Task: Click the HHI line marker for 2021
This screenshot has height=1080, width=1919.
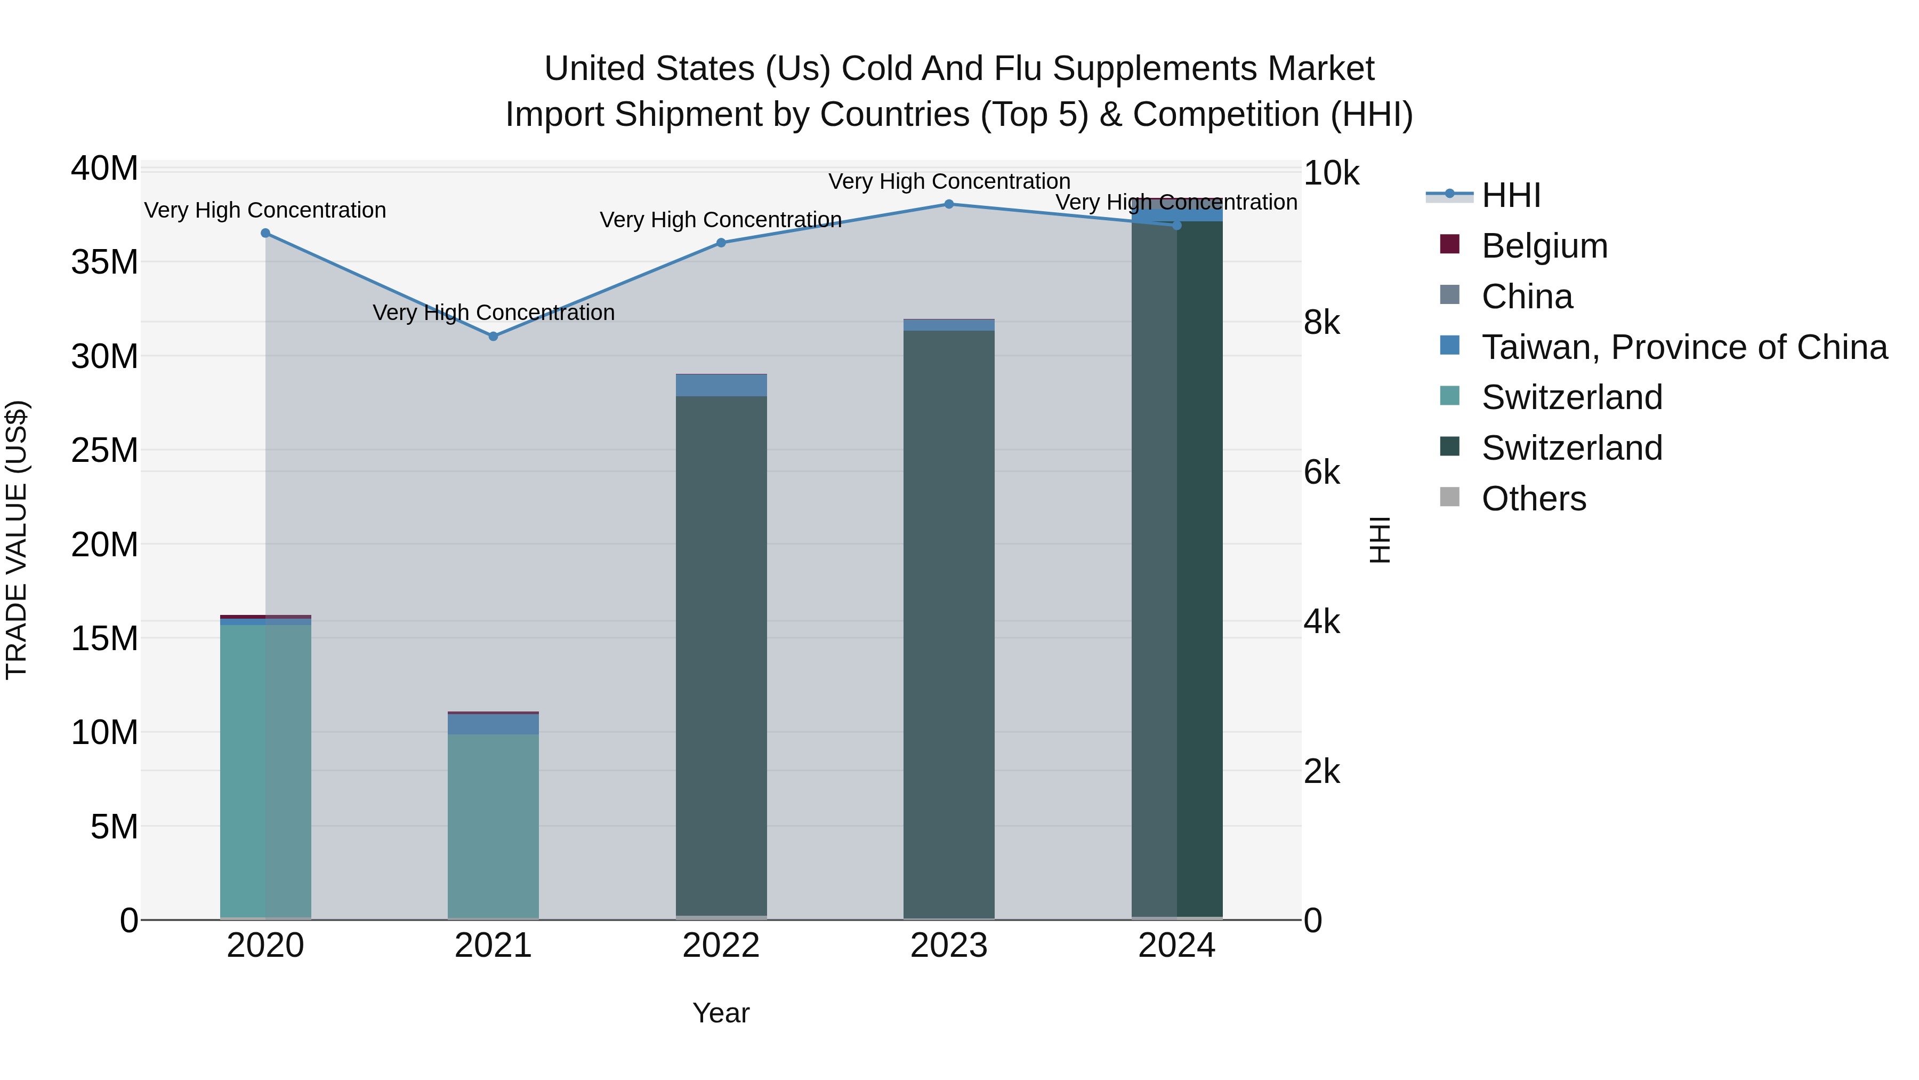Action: point(493,336)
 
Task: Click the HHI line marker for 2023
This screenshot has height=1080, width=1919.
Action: point(948,204)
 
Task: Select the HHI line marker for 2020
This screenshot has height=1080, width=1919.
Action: point(265,233)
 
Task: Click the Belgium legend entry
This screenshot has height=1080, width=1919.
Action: point(1544,246)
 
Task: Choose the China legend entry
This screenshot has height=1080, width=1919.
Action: point(1527,297)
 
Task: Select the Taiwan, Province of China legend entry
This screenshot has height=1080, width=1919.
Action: point(1683,347)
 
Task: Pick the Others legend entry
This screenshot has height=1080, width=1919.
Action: point(1533,499)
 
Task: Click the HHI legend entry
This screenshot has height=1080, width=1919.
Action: point(1510,195)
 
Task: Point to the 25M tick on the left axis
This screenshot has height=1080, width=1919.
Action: point(104,450)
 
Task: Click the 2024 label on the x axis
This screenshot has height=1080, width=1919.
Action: point(1176,946)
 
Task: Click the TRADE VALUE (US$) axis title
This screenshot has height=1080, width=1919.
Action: point(17,540)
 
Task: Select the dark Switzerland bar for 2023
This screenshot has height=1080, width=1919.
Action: point(948,626)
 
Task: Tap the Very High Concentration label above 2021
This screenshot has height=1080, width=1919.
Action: point(493,313)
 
